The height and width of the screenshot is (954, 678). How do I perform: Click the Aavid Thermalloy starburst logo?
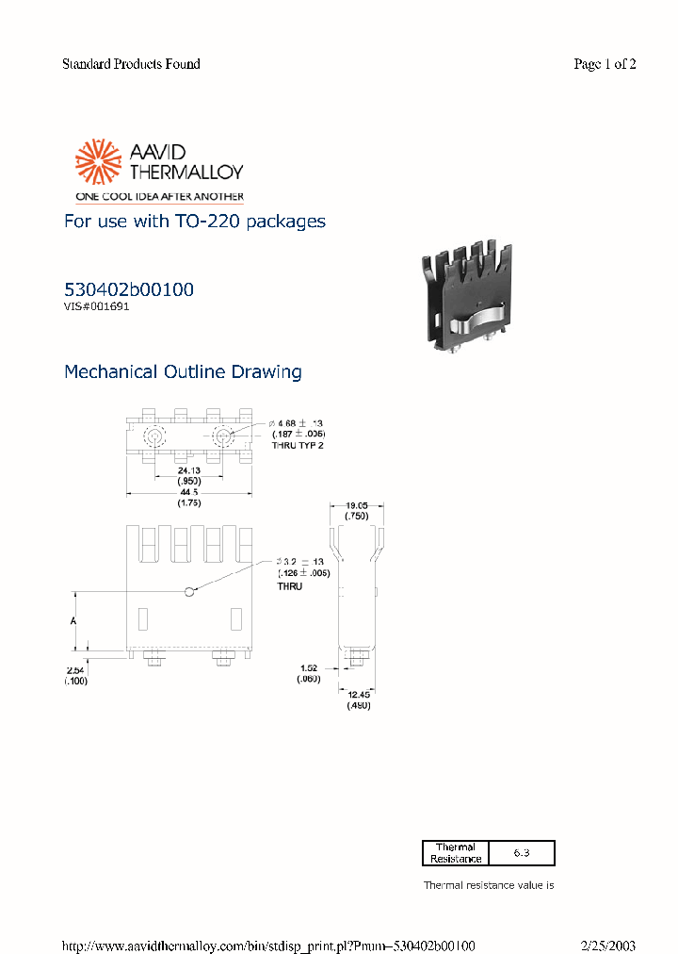pyautogui.click(x=99, y=161)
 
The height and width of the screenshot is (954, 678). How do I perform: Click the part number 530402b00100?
pyautogui.click(x=129, y=289)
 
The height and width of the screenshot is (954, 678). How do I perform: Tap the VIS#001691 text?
pyautogui.click(x=96, y=306)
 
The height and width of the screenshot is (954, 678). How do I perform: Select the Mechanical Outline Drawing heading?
pyautogui.click(x=183, y=371)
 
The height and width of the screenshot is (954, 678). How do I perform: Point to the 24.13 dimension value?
pyautogui.click(x=189, y=469)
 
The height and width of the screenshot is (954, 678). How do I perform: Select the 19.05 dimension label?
pyautogui.click(x=356, y=506)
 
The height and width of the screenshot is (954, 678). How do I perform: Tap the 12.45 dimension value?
pyautogui.click(x=359, y=696)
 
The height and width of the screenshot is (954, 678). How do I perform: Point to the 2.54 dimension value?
pyautogui.click(x=75, y=670)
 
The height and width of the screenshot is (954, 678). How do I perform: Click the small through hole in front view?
pyautogui.click(x=190, y=591)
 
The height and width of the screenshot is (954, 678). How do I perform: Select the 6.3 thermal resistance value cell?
pyautogui.click(x=522, y=853)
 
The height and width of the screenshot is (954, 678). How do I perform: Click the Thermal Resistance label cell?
pyautogui.click(x=456, y=853)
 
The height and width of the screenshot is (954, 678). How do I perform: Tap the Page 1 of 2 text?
pyautogui.click(x=605, y=64)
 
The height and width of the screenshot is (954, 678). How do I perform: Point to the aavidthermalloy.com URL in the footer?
pyautogui.click(x=267, y=946)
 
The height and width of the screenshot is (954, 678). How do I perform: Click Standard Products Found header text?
pyautogui.click(x=131, y=64)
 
